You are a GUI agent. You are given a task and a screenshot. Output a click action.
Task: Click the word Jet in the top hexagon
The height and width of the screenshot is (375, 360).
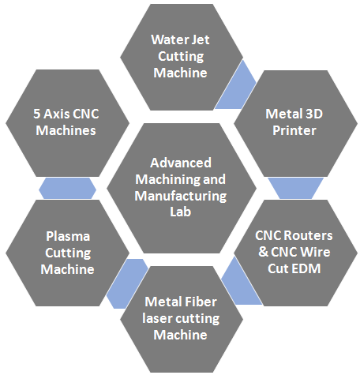[201, 39]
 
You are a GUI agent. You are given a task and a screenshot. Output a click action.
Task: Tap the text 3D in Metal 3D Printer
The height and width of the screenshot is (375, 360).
[313, 114]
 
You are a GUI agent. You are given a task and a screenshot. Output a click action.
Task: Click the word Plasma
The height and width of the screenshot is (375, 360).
[68, 236]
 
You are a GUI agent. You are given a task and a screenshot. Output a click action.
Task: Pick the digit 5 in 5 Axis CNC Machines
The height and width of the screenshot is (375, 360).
[37, 114]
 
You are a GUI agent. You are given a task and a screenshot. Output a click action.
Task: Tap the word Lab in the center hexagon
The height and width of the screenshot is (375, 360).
[181, 212]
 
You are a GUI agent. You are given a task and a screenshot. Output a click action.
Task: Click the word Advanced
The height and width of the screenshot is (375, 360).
[181, 163]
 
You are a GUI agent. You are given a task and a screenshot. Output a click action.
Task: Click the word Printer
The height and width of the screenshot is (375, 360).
[294, 130]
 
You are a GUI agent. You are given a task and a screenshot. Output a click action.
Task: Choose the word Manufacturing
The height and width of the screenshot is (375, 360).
[181, 197]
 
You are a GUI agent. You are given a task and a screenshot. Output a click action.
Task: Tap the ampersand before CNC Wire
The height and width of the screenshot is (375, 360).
[263, 252]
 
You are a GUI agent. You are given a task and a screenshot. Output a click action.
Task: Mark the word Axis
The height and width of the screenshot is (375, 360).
[57, 114]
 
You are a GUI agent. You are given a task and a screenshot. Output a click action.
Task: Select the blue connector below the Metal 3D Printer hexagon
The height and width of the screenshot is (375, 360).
[295, 188]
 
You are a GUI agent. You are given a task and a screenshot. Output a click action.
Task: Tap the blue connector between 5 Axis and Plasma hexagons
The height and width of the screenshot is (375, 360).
[67, 188]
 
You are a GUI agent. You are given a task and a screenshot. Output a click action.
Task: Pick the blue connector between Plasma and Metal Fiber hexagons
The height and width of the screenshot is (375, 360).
[126, 283]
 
